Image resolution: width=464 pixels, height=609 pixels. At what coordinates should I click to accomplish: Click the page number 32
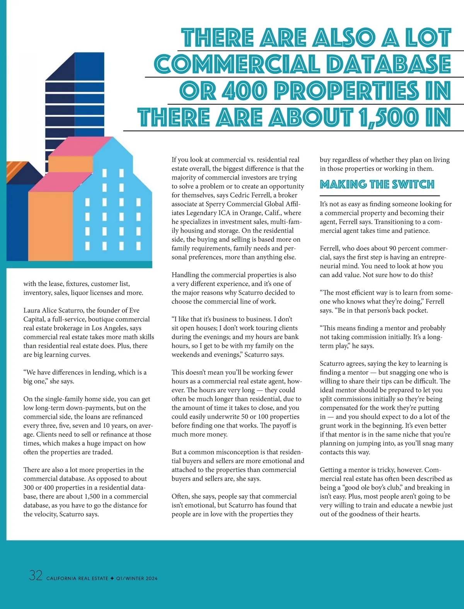(x=36, y=575)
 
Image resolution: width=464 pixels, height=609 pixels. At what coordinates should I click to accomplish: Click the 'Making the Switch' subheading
(x=377, y=184)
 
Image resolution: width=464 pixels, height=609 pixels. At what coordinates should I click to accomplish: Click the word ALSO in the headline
(x=344, y=38)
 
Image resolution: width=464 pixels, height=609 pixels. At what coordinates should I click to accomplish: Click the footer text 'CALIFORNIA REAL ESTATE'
(x=77, y=578)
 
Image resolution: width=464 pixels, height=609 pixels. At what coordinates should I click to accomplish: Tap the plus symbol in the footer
(x=112, y=578)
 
